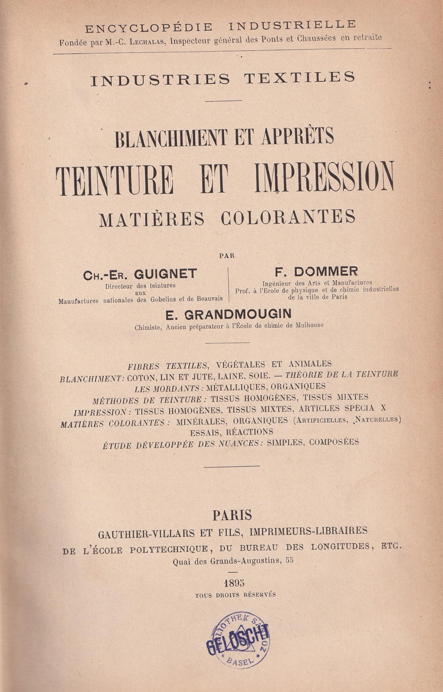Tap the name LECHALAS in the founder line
(151, 43)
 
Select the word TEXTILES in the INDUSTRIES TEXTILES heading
(299, 78)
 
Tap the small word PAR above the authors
(227, 256)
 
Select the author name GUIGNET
(165, 274)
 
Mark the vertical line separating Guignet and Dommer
(229, 285)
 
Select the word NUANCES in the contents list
(237, 443)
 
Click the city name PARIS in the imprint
(232, 515)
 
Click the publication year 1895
(234, 582)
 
